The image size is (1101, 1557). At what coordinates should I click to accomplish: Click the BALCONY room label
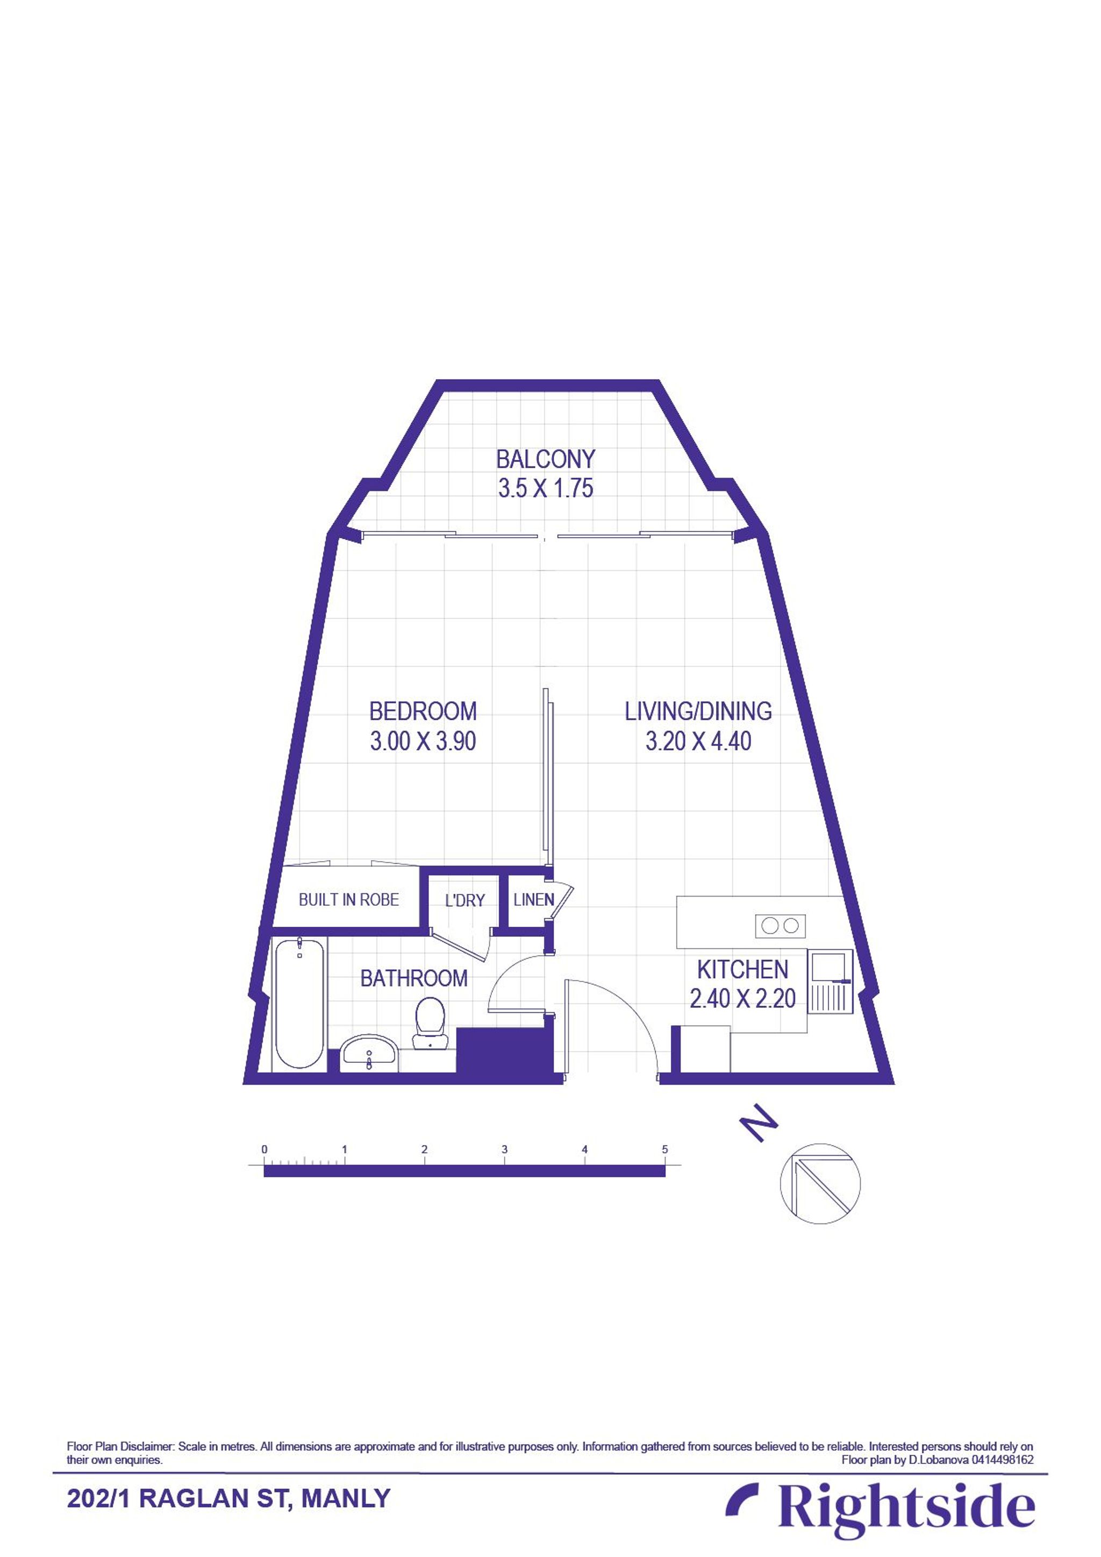(x=545, y=459)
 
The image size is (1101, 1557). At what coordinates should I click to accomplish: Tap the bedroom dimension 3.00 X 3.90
(x=423, y=741)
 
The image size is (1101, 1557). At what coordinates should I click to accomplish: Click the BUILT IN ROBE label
(x=348, y=900)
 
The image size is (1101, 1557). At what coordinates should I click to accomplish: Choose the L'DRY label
(x=464, y=900)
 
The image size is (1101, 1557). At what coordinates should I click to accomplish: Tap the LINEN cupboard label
(x=533, y=900)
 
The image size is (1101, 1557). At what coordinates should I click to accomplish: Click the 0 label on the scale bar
(x=264, y=1149)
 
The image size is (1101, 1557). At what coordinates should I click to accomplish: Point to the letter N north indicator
(x=758, y=1124)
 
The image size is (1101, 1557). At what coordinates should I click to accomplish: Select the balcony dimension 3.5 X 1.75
(x=545, y=488)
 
